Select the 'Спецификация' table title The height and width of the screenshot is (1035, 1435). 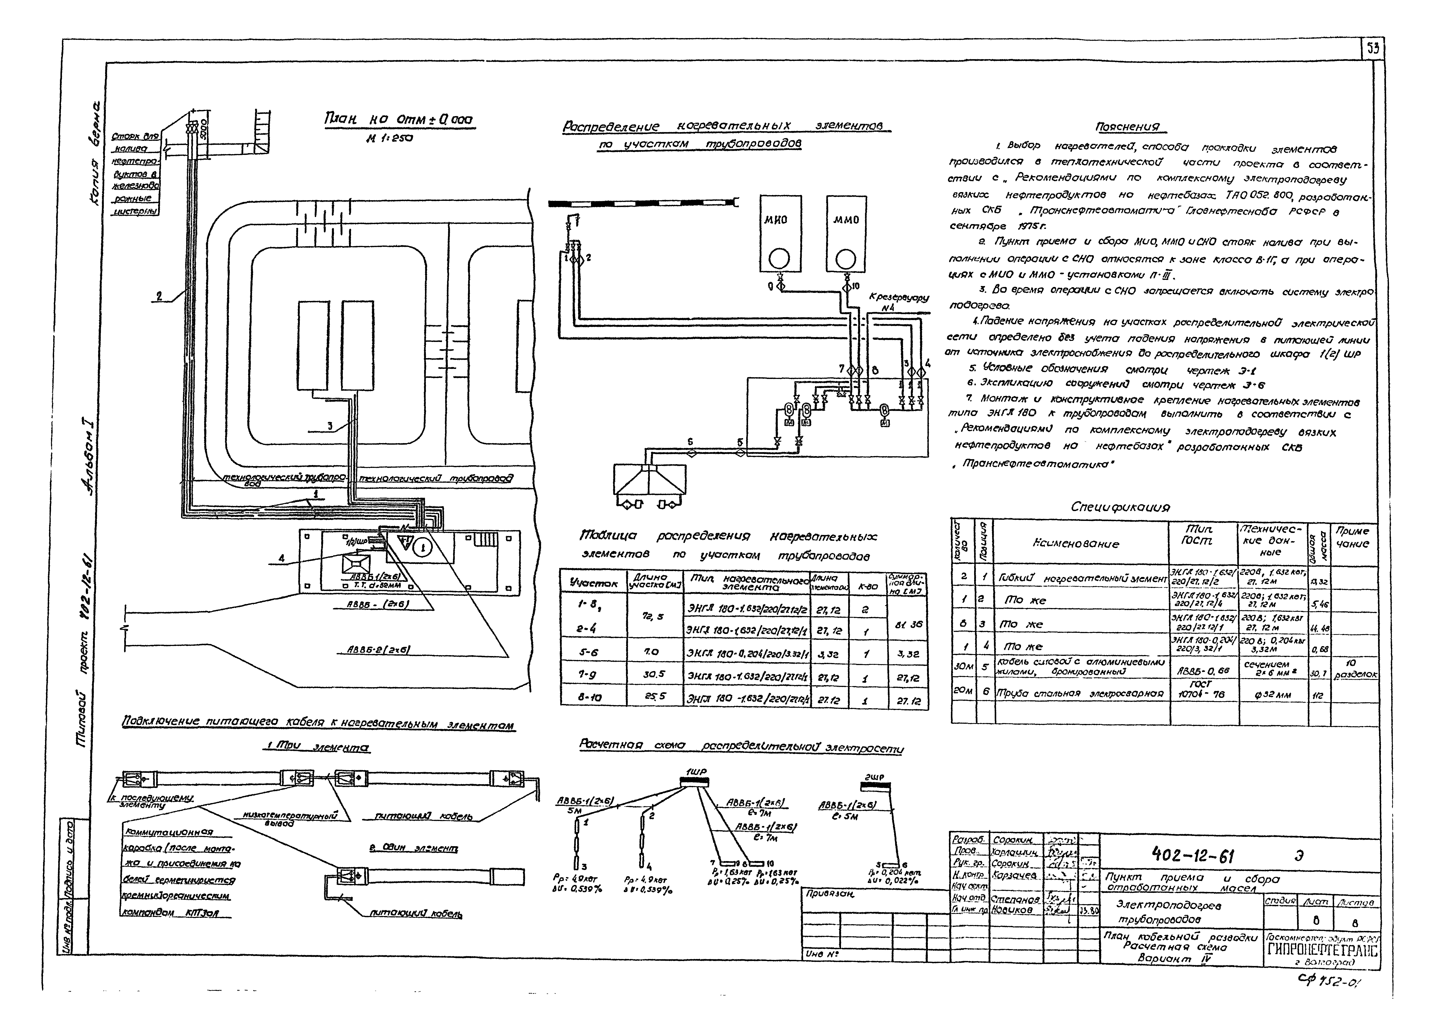[1121, 507]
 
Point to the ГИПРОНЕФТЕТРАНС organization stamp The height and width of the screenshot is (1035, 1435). [1323, 951]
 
